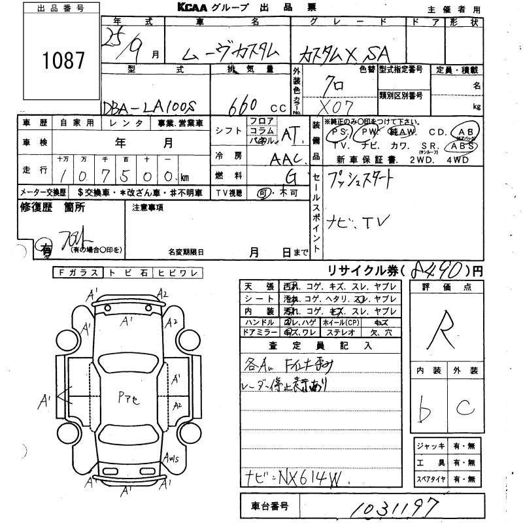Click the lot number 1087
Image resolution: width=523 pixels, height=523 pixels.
63,61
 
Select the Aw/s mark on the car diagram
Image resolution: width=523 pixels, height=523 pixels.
173,458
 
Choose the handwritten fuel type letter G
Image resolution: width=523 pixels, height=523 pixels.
289,175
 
